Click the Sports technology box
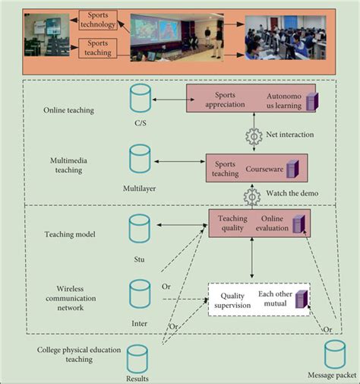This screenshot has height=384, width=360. (x=97, y=20)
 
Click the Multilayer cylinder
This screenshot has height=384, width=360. (x=140, y=157)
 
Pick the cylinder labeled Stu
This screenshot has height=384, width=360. (x=139, y=228)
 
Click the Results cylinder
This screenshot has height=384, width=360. (x=137, y=357)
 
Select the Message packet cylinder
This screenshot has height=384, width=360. (x=335, y=354)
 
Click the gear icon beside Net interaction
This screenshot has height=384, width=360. (x=253, y=137)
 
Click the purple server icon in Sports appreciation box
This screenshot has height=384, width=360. (x=311, y=101)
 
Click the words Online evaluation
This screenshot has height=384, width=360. (x=272, y=222)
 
